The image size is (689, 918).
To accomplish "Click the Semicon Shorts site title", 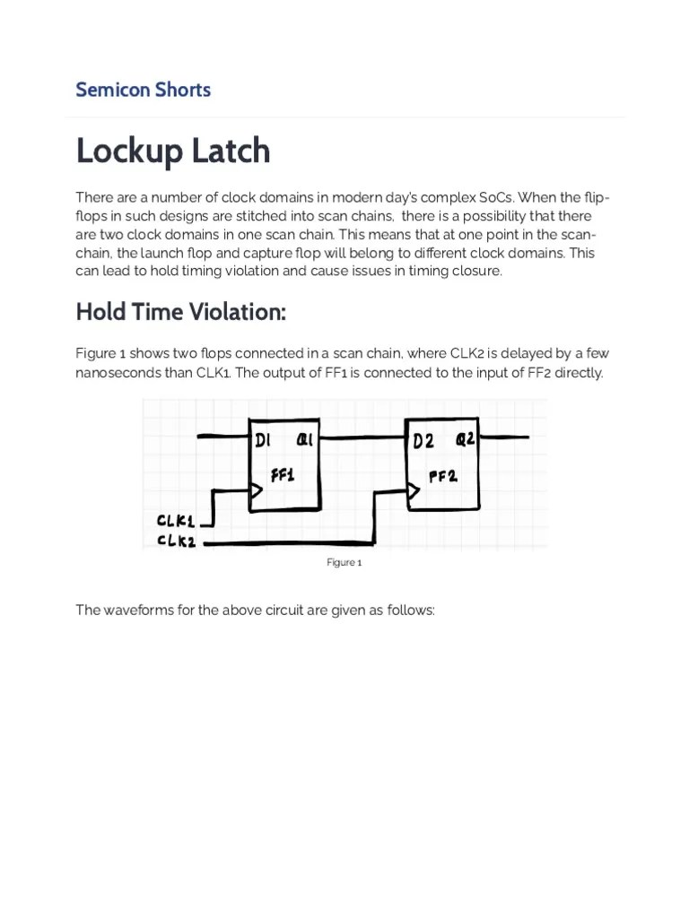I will click(x=143, y=90).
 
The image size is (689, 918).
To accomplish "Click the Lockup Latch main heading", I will click(x=172, y=151).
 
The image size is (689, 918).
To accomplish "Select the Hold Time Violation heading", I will click(x=180, y=312).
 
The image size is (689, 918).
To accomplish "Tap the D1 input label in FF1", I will click(x=263, y=440).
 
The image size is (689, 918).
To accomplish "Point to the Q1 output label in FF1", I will click(x=305, y=439).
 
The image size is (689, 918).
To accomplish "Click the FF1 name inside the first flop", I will click(x=283, y=475).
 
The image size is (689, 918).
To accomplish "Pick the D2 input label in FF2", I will click(x=423, y=441).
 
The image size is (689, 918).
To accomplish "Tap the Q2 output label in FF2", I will click(x=466, y=439).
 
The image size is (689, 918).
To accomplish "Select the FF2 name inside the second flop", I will click(x=443, y=476).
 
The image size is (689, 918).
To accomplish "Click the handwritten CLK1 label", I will click(x=176, y=521).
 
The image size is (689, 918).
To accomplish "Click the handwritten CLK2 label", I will click(x=176, y=541).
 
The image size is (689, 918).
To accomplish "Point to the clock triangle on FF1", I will click(x=256, y=490).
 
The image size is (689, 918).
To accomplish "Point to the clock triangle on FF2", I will click(x=414, y=490).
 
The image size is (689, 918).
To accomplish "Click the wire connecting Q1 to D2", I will click(x=362, y=438).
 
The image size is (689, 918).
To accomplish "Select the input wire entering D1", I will click(x=222, y=437).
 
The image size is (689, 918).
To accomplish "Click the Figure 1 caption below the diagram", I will click(x=344, y=562).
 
